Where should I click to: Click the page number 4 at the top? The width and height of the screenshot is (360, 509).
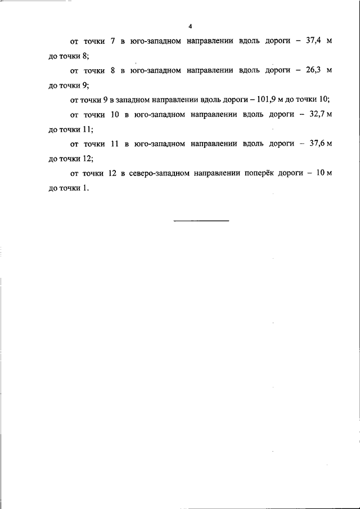coord(191,26)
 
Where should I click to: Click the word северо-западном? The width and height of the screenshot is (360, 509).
coord(156,173)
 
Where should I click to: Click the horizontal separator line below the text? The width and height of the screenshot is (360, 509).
coord(201,220)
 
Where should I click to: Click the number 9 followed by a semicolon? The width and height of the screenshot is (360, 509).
coord(85,85)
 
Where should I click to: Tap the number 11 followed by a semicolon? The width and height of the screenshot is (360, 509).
coord(88,129)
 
